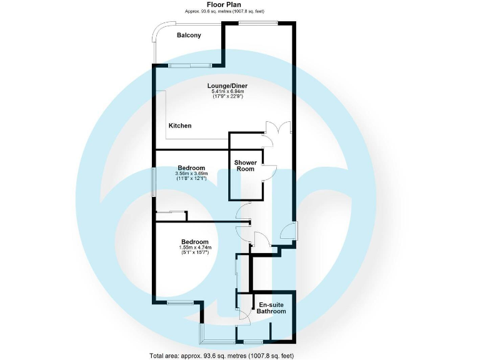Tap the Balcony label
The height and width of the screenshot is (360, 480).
tap(189, 36)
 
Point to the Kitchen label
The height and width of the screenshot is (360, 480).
tap(180, 126)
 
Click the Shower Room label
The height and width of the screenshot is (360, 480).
tap(246, 166)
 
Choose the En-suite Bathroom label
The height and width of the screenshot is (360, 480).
tap(272, 308)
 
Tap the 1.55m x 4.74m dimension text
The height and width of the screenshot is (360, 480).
tap(194, 247)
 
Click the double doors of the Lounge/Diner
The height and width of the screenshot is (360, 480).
tap(277, 127)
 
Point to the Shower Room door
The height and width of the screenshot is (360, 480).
tap(267, 173)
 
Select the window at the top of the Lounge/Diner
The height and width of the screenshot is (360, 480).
tap(258, 23)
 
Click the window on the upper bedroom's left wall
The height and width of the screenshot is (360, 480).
tap(154, 182)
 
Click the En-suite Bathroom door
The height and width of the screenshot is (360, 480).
tap(244, 317)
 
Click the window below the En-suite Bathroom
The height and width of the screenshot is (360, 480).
tap(252, 341)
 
